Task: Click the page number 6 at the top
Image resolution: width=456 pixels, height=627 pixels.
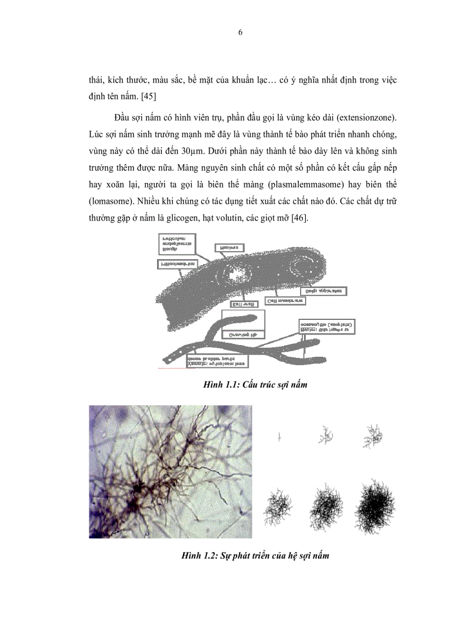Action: (x=240, y=32)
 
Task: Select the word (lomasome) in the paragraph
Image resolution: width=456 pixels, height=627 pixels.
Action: (x=112, y=203)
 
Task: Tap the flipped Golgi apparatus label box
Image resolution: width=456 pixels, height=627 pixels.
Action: (x=324, y=291)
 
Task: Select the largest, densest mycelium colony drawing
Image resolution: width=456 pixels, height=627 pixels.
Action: (x=375, y=506)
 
